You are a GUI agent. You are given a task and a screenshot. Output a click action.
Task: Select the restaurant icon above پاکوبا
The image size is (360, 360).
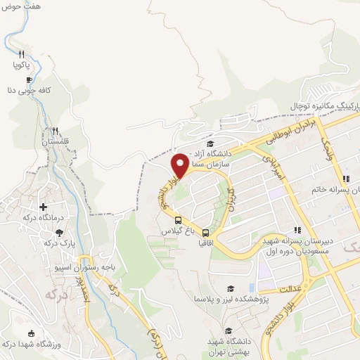coord(21,54)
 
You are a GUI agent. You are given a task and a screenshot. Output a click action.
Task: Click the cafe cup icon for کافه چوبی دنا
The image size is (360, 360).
coord(29,80)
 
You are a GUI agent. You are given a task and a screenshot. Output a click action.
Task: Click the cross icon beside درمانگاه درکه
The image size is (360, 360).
coord(44,207)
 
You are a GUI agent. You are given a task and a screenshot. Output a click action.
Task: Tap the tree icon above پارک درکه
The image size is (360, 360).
coord(59,232)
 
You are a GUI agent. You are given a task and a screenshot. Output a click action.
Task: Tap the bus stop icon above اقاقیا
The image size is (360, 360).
coord(205,233)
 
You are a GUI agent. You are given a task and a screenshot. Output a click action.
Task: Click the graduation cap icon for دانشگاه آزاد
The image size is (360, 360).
coord(210,144)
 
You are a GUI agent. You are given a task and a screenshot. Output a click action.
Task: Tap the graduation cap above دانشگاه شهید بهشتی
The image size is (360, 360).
coord(228,330)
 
